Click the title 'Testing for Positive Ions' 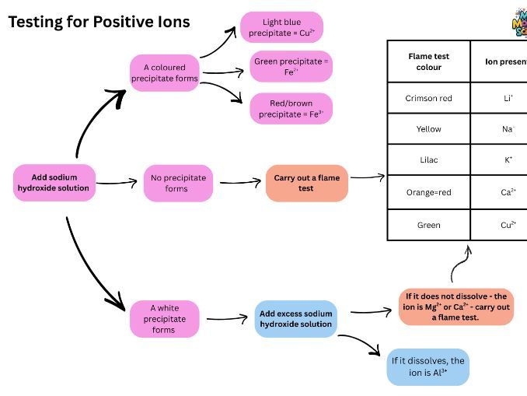click(99, 22)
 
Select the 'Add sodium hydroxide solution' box click(54, 183)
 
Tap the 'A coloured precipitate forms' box click(164, 73)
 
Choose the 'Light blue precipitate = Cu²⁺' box click(281, 27)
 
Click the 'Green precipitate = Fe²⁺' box click(291, 66)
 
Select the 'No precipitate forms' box click(177, 183)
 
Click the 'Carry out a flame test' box click(306, 183)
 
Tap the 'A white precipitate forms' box click(163, 319)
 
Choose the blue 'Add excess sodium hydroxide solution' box click(295, 319)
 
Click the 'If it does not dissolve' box click(444, 307)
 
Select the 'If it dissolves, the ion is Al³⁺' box click(428, 366)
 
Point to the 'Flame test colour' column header click(428, 61)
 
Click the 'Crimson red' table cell click(428, 99)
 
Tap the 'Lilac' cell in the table click(428, 159)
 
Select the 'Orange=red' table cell click(428, 192)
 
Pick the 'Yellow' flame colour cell click(428, 129)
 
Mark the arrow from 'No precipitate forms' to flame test click(239, 184)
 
